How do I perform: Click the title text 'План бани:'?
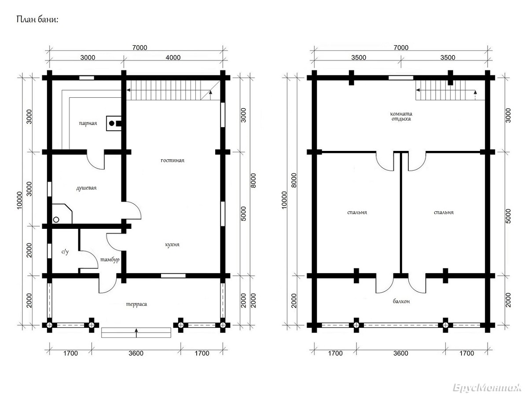point(37,19)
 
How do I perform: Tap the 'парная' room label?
point(88,123)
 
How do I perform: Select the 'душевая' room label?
point(86,188)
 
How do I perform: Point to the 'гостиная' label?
point(172,160)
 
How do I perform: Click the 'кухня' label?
point(172,245)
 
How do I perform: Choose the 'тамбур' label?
point(110,260)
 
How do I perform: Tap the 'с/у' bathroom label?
point(65,252)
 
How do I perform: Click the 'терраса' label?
point(136,304)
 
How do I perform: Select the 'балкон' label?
point(401,301)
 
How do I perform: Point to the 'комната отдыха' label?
point(401,116)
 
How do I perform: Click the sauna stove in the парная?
point(114,123)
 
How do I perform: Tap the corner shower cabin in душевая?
point(62,214)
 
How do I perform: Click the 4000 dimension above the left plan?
point(173,58)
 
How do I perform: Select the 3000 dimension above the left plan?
point(88,58)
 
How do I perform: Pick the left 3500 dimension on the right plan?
point(359,58)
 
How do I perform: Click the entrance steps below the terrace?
point(136,333)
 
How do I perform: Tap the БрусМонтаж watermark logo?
point(487,388)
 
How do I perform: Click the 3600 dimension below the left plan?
point(136,353)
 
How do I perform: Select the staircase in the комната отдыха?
point(450,90)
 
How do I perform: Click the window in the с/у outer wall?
point(49,251)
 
